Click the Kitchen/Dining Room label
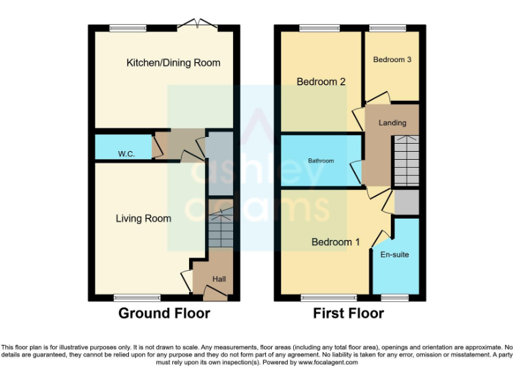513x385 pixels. tap(173, 63)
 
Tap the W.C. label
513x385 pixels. tap(127, 154)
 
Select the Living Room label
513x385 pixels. tap(143, 219)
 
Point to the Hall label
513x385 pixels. tap(219, 279)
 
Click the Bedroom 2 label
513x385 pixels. tap(321, 82)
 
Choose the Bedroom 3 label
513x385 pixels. tap(391, 60)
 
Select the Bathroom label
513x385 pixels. tap(321, 161)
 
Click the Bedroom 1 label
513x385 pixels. tap(335, 242)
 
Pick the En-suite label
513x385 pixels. tap(394, 255)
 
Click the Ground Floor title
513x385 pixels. tap(164, 313)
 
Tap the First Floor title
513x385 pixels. tap(349, 313)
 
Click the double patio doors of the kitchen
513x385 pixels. tap(200, 26)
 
